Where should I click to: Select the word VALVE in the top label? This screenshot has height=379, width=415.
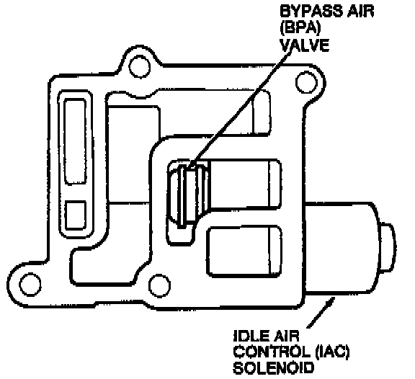(x=304, y=45)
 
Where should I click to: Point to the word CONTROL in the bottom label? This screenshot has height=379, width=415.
(x=272, y=352)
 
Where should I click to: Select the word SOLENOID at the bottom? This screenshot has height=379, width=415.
(x=273, y=368)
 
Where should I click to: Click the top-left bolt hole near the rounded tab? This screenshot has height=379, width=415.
(x=140, y=66)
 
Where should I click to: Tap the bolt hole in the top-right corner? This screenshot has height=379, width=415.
(x=306, y=82)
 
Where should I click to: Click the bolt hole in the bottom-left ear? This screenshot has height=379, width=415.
(x=30, y=284)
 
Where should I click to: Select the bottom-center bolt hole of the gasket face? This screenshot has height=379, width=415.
(x=159, y=285)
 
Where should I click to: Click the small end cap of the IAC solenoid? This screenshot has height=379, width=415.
(x=388, y=247)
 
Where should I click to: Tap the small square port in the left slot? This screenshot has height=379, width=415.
(x=76, y=215)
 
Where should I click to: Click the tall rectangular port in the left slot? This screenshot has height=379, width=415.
(x=76, y=141)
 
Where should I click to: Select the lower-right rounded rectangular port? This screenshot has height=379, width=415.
(x=244, y=251)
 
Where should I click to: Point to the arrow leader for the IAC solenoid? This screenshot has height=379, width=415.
(x=320, y=312)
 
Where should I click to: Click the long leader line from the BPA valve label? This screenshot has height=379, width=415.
(x=239, y=109)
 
